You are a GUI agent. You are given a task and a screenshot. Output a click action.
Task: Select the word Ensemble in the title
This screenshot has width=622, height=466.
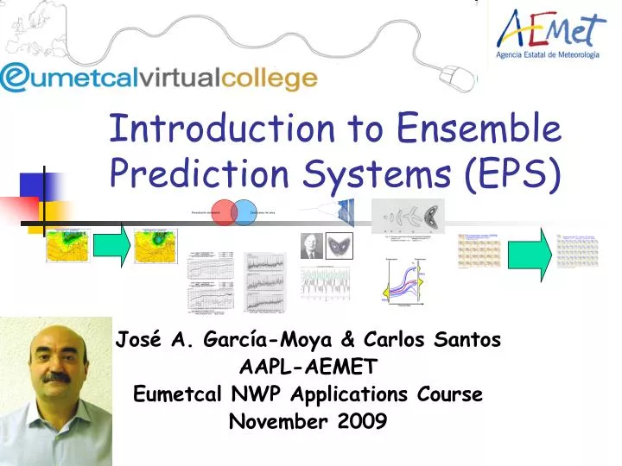tap(479, 129)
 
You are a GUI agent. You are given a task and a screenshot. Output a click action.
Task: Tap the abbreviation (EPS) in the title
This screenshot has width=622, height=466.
tap(514, 175)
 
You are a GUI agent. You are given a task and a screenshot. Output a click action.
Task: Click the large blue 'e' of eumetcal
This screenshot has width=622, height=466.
tap(19, 78)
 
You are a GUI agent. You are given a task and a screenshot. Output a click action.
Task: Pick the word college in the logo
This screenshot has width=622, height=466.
tap(270, 79)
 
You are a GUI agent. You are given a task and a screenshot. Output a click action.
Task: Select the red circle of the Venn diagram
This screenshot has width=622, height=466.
tap(224, 213)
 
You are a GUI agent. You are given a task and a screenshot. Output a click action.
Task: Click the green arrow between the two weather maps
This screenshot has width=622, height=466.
tap(112, 245)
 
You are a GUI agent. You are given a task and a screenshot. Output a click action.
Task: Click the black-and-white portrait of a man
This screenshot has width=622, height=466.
tap(310, 247)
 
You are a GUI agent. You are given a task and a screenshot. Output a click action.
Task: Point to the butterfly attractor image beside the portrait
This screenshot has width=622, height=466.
tap(339, 246)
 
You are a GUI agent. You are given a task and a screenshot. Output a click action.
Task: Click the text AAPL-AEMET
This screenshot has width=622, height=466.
tap(308, 368)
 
